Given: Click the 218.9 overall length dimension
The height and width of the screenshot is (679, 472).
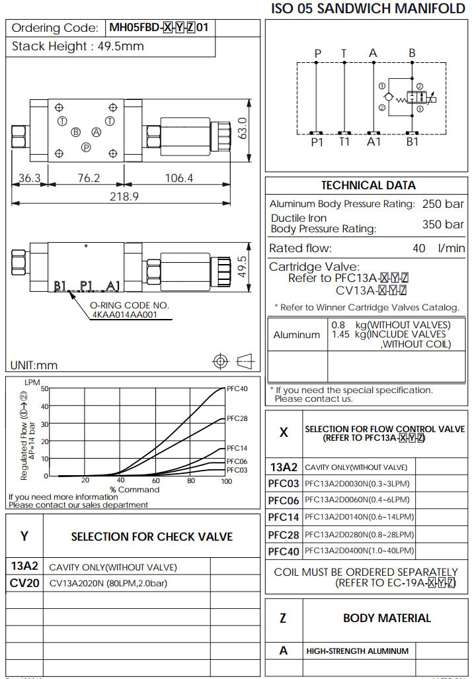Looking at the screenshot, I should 124,197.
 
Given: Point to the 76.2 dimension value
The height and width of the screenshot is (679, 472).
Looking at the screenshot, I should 88,178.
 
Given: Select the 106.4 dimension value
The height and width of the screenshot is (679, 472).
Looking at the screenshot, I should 178,178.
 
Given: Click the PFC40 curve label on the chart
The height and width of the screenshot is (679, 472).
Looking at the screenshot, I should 237,388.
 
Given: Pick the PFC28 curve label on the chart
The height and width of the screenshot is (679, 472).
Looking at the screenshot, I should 237,418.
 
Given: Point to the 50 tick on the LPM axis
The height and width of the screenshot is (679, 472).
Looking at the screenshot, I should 44,388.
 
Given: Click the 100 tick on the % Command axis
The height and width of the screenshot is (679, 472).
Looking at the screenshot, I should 226,482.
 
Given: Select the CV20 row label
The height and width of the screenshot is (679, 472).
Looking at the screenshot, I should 24,583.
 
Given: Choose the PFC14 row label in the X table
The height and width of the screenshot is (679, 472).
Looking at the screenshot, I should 284,517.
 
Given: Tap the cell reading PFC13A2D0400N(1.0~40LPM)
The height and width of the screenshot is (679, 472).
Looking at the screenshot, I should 359,551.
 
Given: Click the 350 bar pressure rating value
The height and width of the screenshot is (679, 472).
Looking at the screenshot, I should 443,224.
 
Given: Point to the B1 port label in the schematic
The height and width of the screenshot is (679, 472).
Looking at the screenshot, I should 413,141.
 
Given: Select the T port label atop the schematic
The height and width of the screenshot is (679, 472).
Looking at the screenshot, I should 344,53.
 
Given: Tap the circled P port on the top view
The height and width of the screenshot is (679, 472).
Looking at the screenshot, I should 86,147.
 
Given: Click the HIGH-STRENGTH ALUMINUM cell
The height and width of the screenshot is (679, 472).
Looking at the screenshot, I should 357,651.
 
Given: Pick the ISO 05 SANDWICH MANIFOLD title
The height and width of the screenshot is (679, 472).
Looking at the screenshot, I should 368,9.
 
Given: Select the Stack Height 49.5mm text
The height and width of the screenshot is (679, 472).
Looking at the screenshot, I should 77,46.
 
